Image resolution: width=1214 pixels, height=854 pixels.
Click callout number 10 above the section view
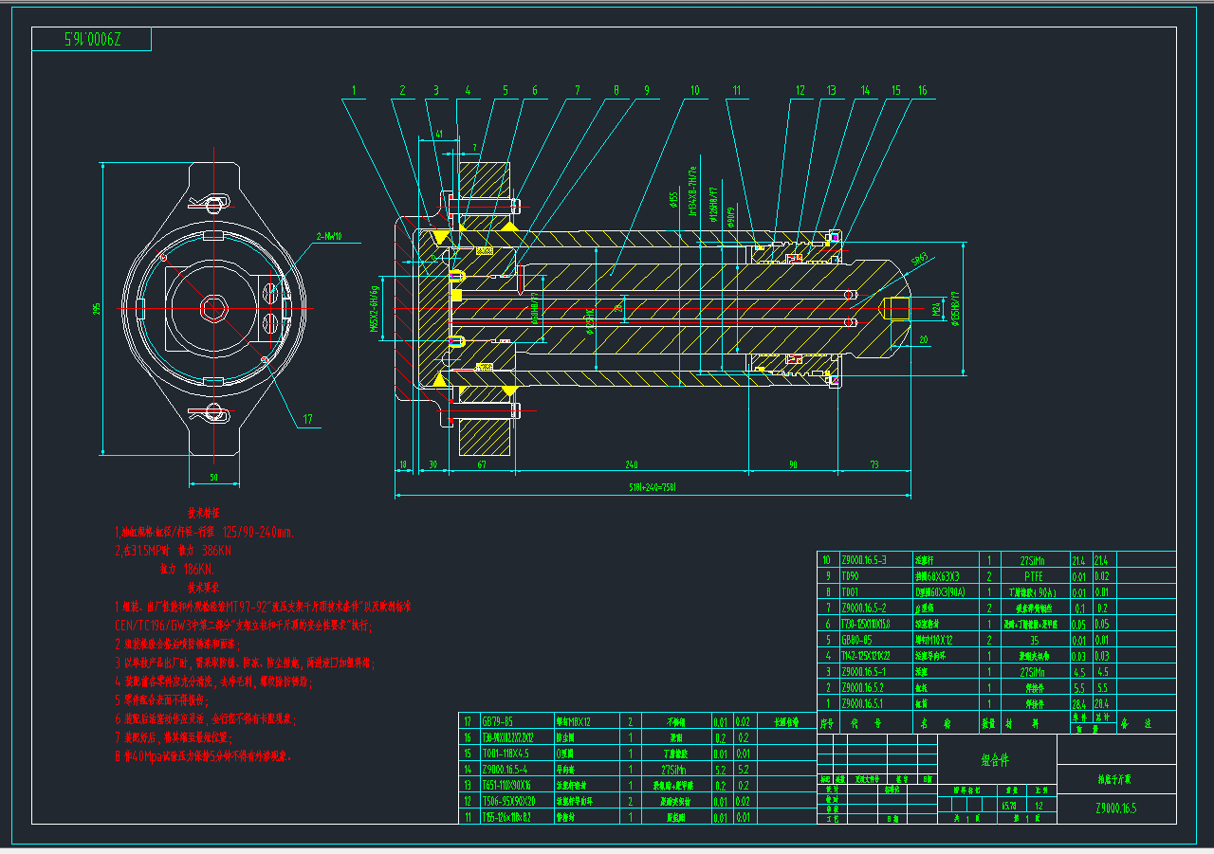point(694,91)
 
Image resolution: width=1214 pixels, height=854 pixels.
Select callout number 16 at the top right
point(922,91)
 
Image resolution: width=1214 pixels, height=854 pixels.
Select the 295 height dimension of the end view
point(96,310)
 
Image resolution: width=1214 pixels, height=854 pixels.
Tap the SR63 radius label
point(919,258)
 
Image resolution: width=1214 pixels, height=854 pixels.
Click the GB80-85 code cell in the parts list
point(863,640)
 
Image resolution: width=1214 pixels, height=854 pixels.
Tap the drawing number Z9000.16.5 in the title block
point(1115,809)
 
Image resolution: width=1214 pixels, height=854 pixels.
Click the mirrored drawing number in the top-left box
point(92,40)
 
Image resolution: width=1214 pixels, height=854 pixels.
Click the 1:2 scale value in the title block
point(1040,806)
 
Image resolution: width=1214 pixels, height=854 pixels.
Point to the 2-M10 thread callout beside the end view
point(329,236)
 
